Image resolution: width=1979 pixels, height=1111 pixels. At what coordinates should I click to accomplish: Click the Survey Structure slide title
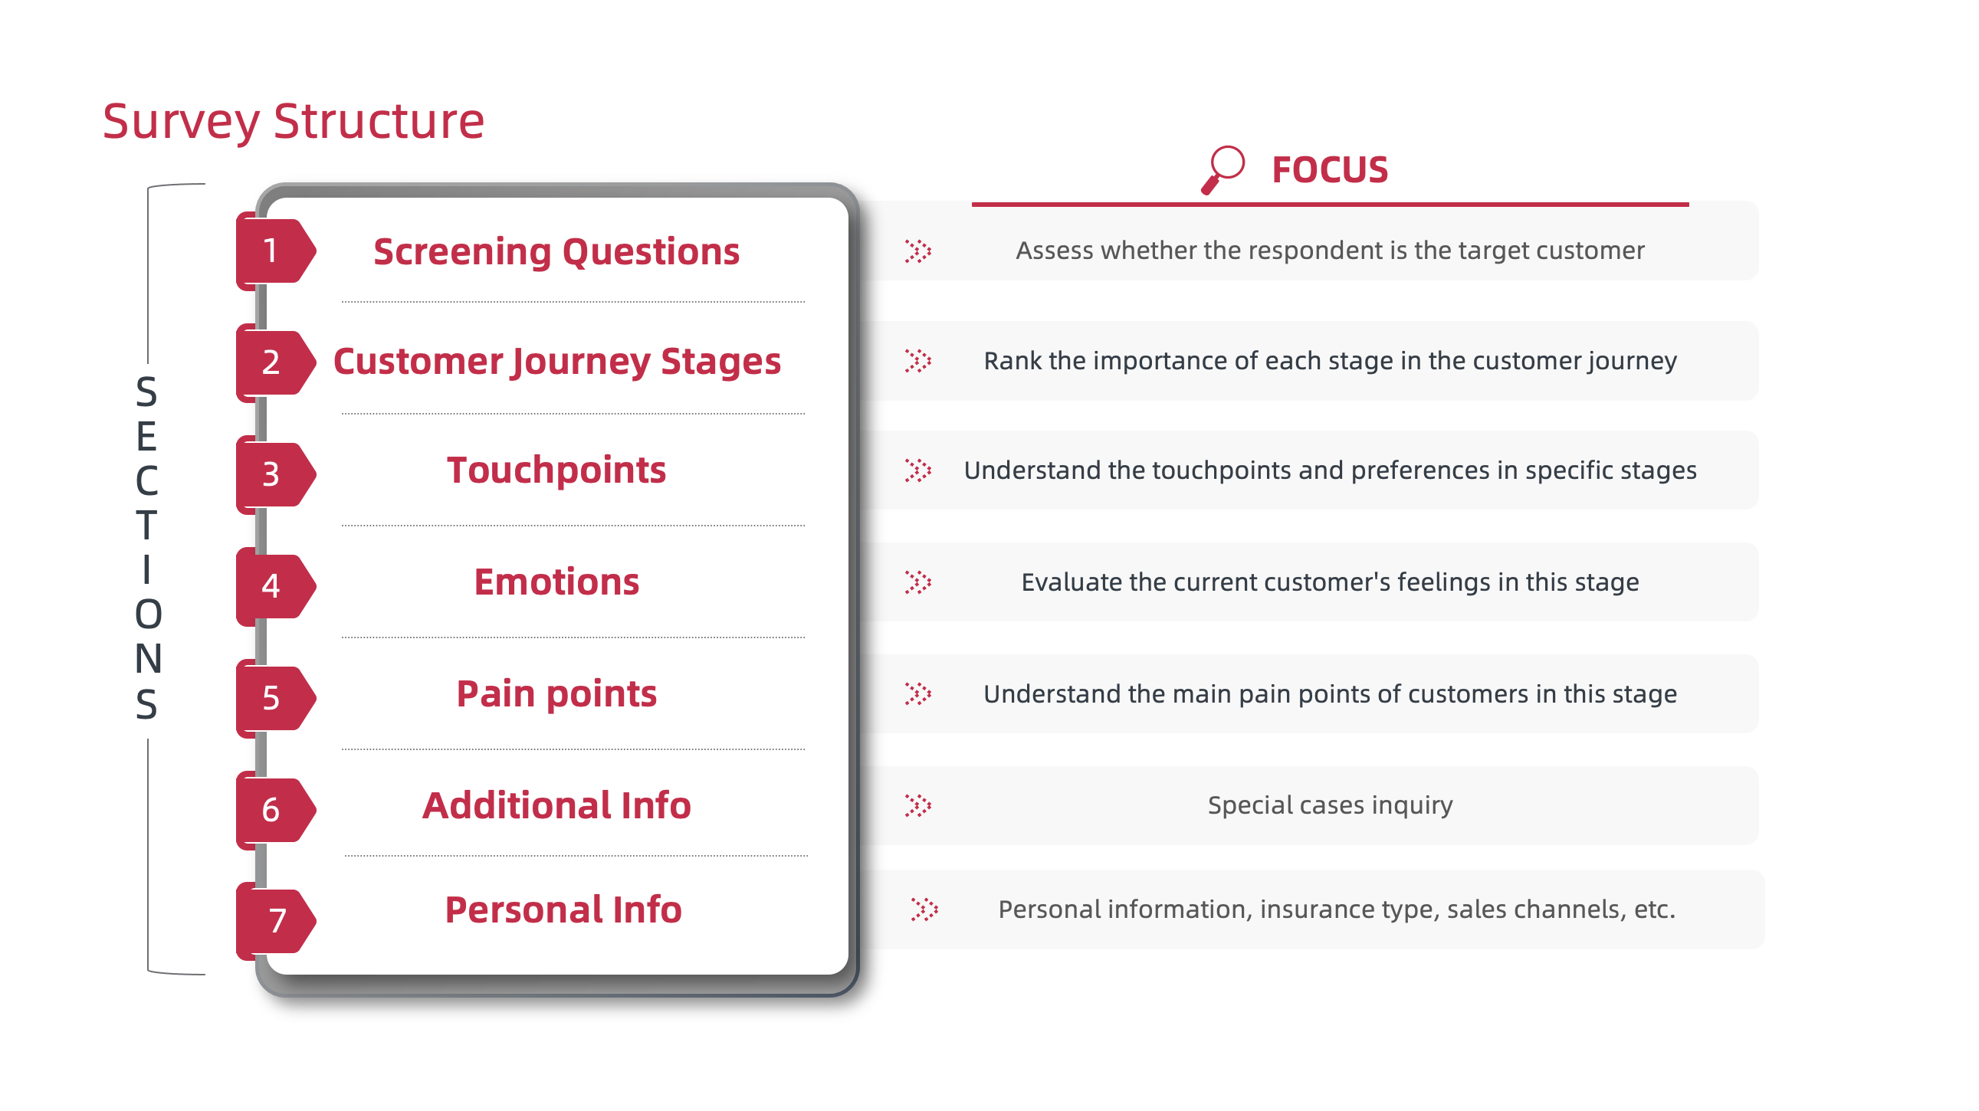[x=294, y=121]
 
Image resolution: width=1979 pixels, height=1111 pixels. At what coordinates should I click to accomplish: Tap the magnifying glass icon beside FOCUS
[x=1223, y=169]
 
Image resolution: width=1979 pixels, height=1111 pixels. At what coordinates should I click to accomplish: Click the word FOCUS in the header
[x=1329, y=169]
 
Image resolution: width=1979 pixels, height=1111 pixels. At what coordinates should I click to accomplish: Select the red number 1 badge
[x=271, y=251]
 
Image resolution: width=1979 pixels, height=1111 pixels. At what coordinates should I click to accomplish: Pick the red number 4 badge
[x=271, y=586]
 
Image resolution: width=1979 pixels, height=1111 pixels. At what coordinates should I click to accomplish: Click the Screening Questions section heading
[x=556, y=252]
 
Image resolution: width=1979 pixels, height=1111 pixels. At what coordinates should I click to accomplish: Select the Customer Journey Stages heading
[x=556, y=362]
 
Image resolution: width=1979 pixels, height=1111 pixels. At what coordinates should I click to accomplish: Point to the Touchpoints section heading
[x=556, y=470]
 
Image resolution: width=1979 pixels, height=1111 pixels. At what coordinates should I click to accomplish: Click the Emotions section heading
[x=556, y=582]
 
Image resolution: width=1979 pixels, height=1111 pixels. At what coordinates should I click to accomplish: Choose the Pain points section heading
[x=556, y=693]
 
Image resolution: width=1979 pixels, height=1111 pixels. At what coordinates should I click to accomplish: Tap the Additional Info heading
[x=556, y=805]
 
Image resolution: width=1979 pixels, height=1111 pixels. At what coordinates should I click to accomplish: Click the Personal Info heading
[x=563, y=909]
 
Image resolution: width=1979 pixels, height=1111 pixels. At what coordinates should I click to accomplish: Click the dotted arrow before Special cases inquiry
[x=918, y=805]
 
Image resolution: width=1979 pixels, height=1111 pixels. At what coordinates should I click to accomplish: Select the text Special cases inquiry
[x=1329, y=805]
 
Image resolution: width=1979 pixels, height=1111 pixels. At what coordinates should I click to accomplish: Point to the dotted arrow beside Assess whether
[x=918, y=251]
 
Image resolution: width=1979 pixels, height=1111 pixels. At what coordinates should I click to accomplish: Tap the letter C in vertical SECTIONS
[x=146, y=481]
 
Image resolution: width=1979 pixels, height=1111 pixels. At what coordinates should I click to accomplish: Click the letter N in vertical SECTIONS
[x=148, y=659]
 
